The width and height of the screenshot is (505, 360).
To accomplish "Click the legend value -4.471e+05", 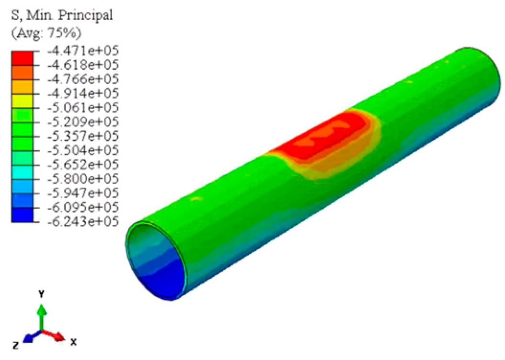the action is point(83,51).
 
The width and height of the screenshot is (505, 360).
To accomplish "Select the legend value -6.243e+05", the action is point(83,221).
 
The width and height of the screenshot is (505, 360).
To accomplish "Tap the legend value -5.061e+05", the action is point(83,107).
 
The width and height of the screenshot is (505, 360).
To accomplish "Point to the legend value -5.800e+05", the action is point(83,179).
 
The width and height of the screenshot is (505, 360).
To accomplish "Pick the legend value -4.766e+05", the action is point(83,79).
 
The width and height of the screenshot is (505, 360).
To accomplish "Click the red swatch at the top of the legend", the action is point(22,58).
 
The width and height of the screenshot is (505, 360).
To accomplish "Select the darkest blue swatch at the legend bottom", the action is point(22,215).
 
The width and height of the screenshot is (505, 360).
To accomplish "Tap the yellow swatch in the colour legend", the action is point(22,101).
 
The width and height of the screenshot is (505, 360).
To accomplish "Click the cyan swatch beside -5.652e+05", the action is point(22,172).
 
